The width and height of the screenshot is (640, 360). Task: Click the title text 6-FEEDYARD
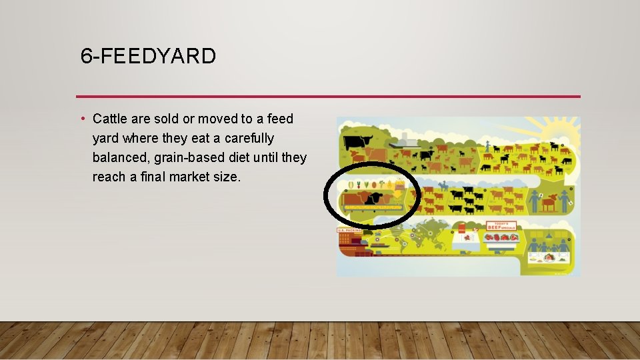pos(148,57)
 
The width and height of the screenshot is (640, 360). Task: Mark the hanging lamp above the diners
pos(549,234)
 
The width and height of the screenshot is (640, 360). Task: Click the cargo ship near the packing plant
pos(378,245)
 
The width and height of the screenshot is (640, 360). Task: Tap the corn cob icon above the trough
pos(351,185)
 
